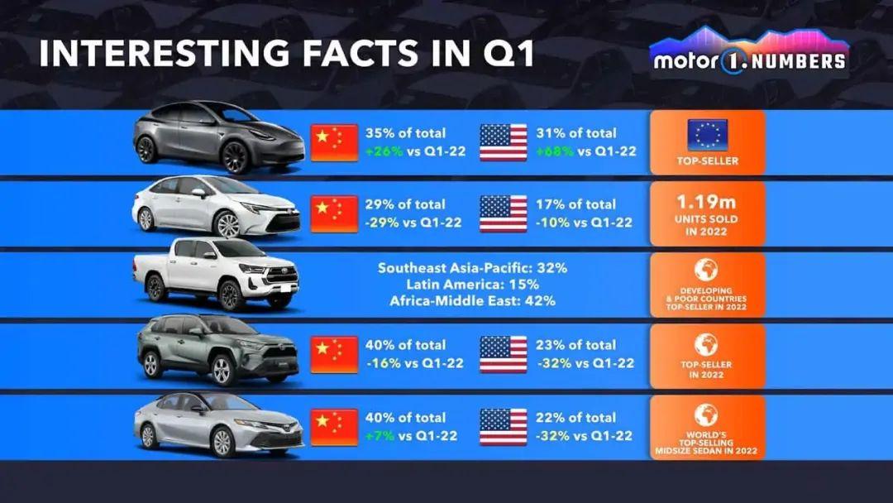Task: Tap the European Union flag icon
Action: click(707, 135)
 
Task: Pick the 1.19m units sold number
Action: click(707, 200)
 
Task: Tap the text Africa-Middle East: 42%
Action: click(472, 301)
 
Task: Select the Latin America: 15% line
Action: click(472, 285)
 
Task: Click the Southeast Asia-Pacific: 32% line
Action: click(472, 268)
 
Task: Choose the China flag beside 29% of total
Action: click(334, 213)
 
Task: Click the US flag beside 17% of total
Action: click(504, 213)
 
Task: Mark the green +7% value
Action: click(384, 435)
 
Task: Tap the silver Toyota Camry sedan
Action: click(217, 424)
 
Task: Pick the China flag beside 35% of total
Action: click(334, 142)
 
